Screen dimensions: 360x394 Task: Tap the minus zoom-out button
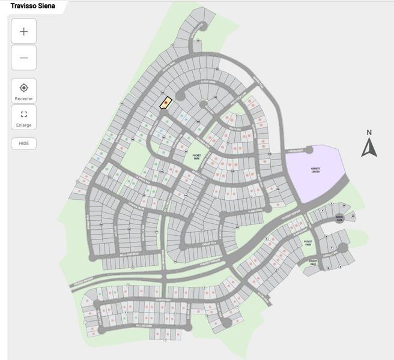tap(23, 58)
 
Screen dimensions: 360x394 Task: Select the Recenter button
tap(23, 91)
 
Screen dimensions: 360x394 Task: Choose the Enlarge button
tap(23, 118)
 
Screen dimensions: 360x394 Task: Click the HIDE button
tap(23, 144)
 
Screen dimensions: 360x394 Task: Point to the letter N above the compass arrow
tap(369, 133)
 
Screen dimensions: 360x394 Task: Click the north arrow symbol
tap(369, 148)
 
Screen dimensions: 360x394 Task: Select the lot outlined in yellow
tap(166, 103)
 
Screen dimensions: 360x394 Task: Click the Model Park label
tap(339, 219)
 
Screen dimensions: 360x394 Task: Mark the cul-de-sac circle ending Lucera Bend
tap(309, 150)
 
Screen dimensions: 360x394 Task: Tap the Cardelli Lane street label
tap(329, 254)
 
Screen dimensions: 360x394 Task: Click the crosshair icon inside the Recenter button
tap(23, 88)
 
